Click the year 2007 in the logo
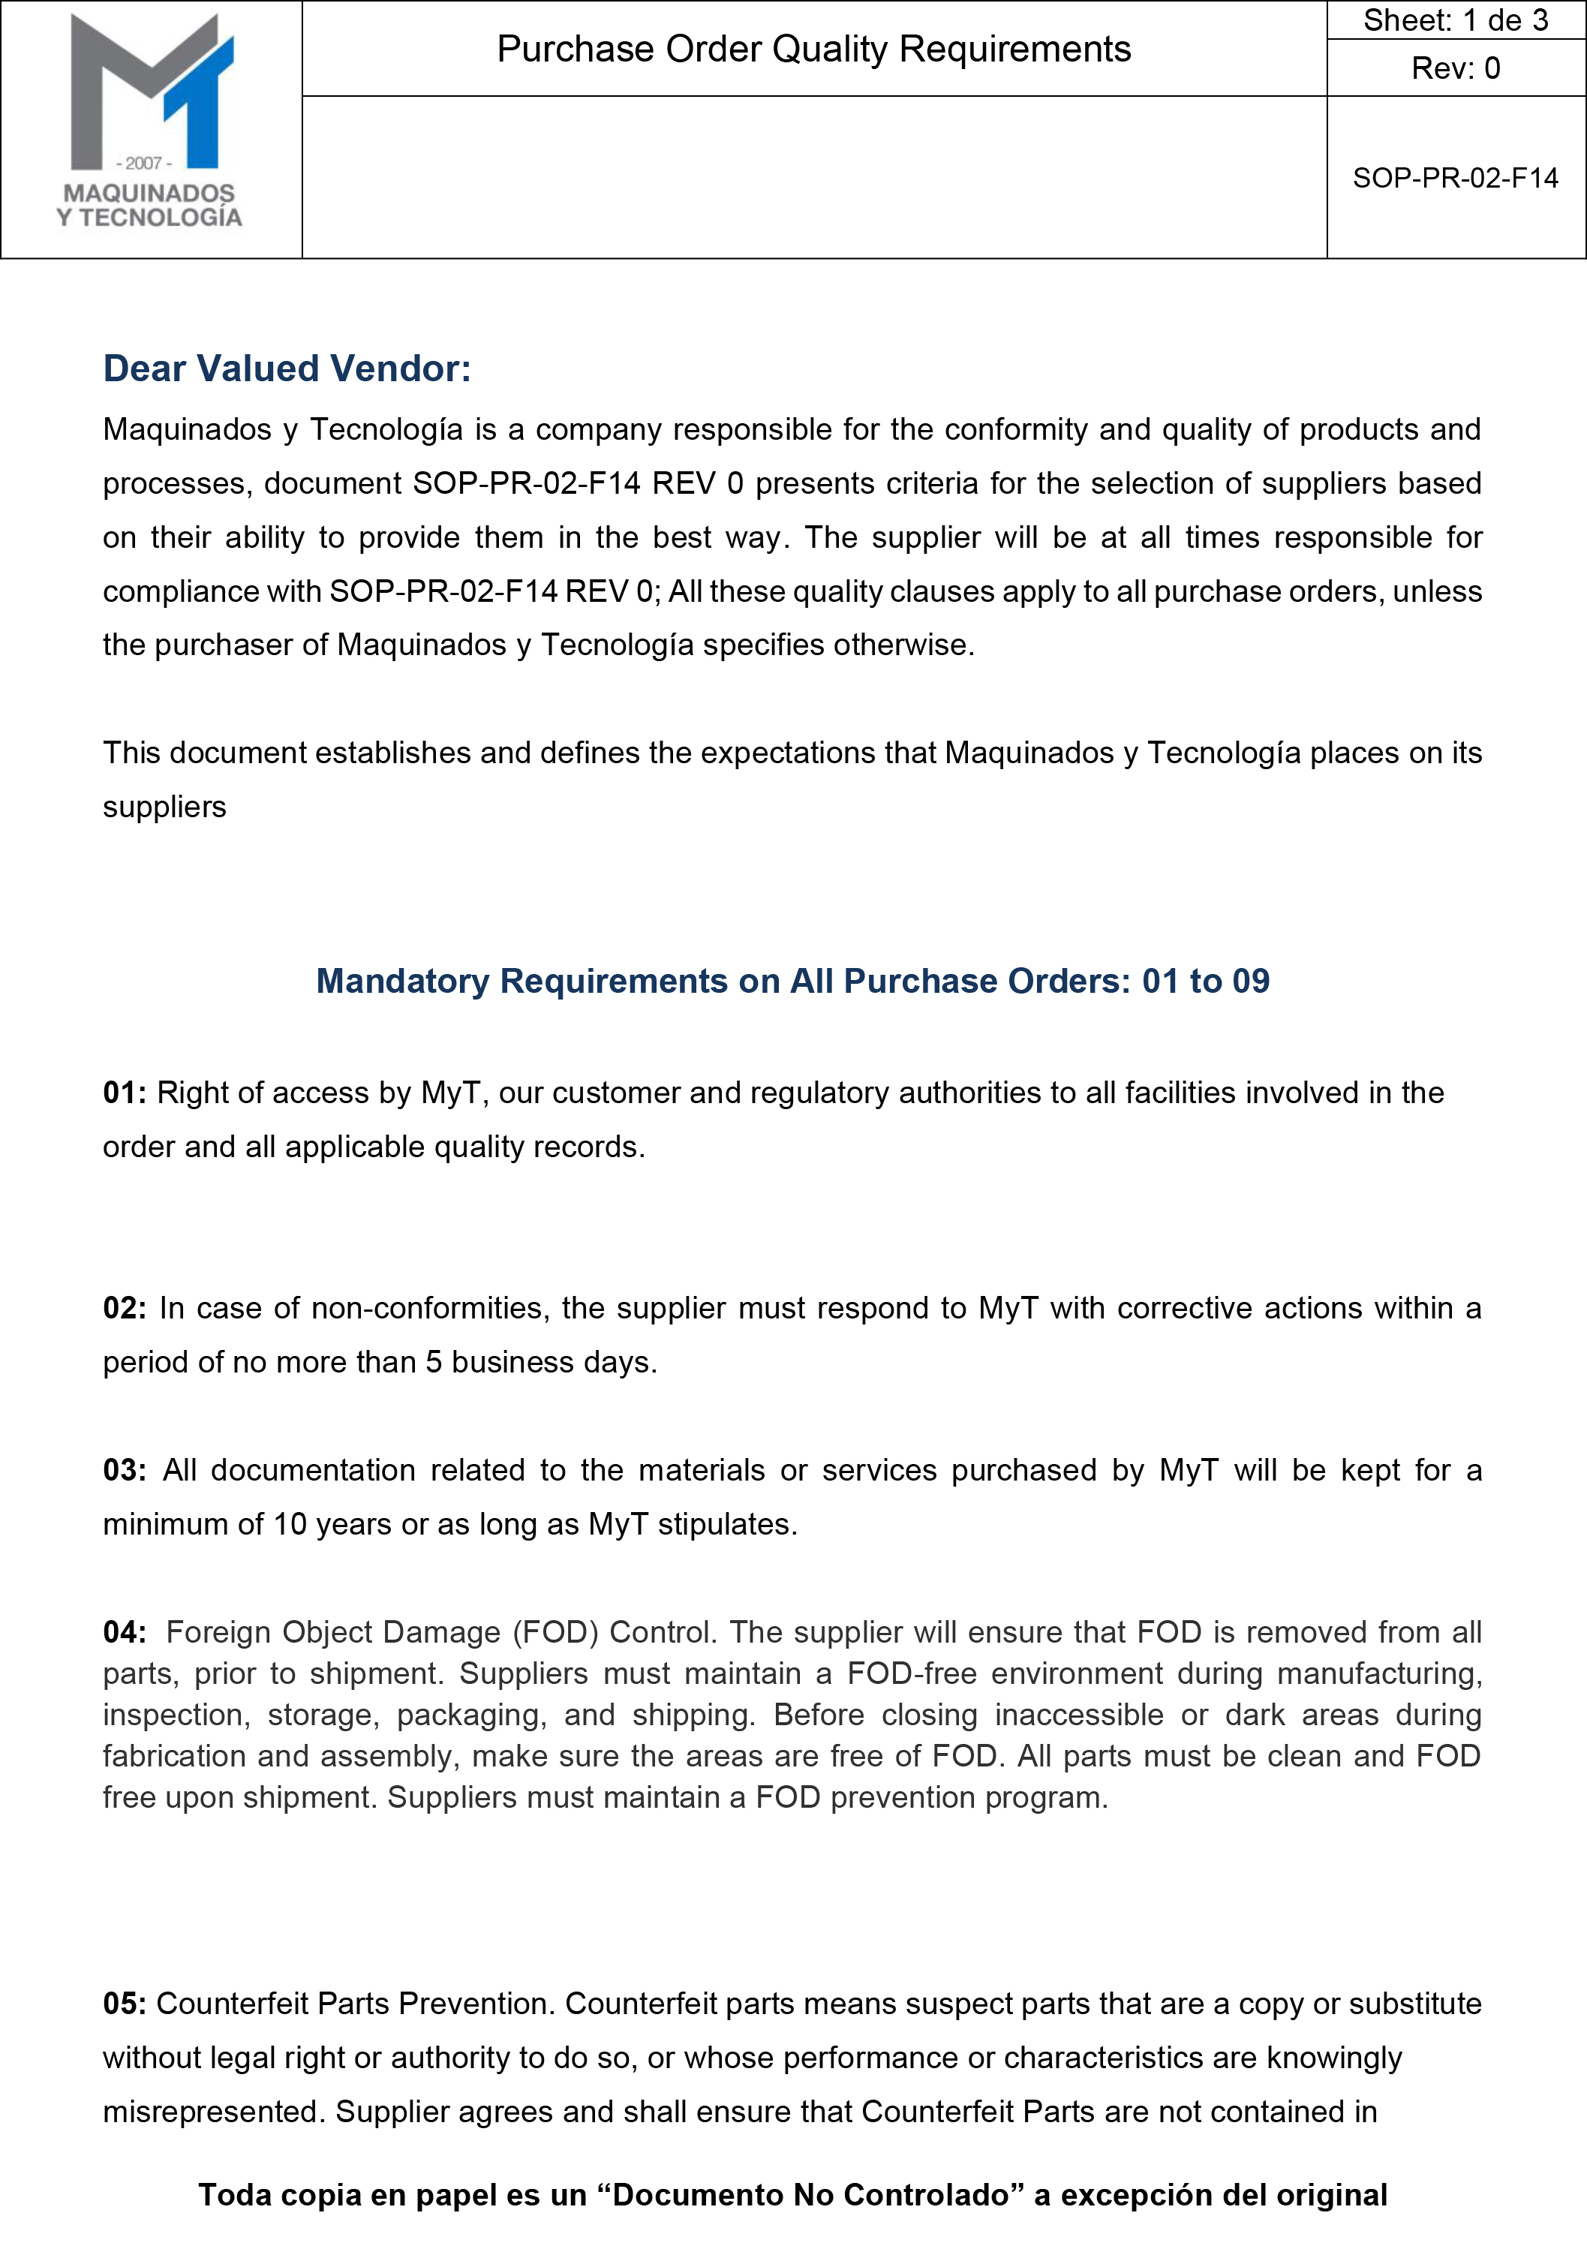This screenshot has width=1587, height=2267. [144, 163]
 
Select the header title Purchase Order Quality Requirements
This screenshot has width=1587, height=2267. [813, 50]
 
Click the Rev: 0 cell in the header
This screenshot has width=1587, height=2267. [1455, 68]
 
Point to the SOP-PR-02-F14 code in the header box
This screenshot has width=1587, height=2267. [1455, 178]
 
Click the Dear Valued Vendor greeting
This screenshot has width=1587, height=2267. [287, 368]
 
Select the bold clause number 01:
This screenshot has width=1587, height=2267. [125, 1093]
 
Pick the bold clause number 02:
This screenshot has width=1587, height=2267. [125, 1308]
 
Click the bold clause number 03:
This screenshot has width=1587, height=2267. [125, 1470]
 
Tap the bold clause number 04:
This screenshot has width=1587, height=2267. [125, 1632]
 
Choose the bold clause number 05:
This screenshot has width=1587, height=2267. [125, 2004]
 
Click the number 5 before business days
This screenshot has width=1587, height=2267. [434, 1363]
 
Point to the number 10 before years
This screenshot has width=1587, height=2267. [290, 1525]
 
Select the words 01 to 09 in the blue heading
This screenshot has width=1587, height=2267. [1205, 981]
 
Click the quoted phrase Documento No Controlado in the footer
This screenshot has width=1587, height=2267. [812, 2195]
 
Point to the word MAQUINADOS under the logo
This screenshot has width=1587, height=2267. [149, 194]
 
